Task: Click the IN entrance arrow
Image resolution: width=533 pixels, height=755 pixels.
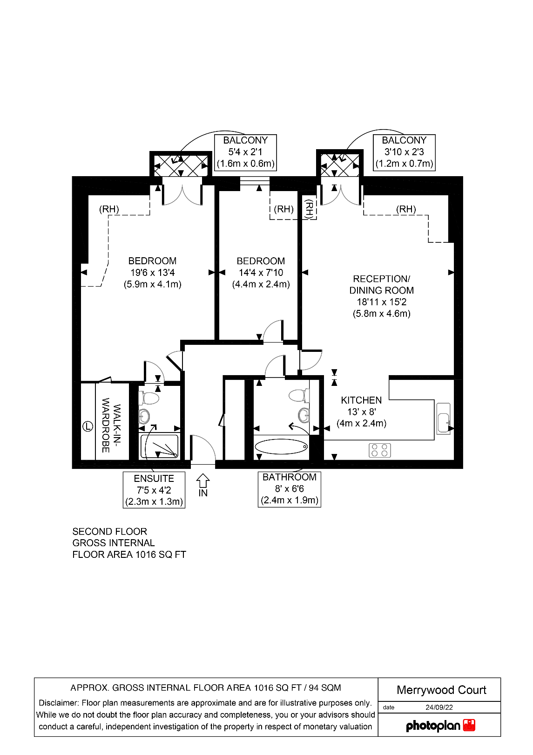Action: coord(203,481)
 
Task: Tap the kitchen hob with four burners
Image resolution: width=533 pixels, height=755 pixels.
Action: coord(379,450)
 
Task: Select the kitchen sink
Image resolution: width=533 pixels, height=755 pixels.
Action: coord(444,419)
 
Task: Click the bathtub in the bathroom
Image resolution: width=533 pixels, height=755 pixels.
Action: coord(281,446)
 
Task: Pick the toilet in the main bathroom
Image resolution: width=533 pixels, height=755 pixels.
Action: coord(298,396)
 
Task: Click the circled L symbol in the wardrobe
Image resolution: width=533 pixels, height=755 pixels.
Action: coord(88,426)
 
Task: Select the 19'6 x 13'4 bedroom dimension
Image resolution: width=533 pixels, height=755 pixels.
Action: coord(152,273)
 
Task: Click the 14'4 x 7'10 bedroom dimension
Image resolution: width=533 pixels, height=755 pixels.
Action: coord(261,273)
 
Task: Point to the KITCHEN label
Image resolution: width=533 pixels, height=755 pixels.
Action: coord(361,400)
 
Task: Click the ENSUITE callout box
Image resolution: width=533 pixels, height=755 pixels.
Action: coord(154,490)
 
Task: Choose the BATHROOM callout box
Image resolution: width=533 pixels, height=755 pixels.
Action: coord(289,489)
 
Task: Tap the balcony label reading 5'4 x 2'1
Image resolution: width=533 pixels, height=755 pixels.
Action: coord(245,152)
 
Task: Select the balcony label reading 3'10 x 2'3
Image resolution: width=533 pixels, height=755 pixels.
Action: coord(404,152)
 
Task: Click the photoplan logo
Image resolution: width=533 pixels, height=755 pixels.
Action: coord(440,726)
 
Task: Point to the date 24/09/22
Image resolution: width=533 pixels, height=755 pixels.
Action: coord(439,707)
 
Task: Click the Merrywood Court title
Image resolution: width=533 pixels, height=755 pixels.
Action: coord(441,690)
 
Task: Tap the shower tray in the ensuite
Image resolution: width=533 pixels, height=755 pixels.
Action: coord(159,446)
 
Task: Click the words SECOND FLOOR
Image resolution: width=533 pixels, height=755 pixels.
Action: coord(110,532)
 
